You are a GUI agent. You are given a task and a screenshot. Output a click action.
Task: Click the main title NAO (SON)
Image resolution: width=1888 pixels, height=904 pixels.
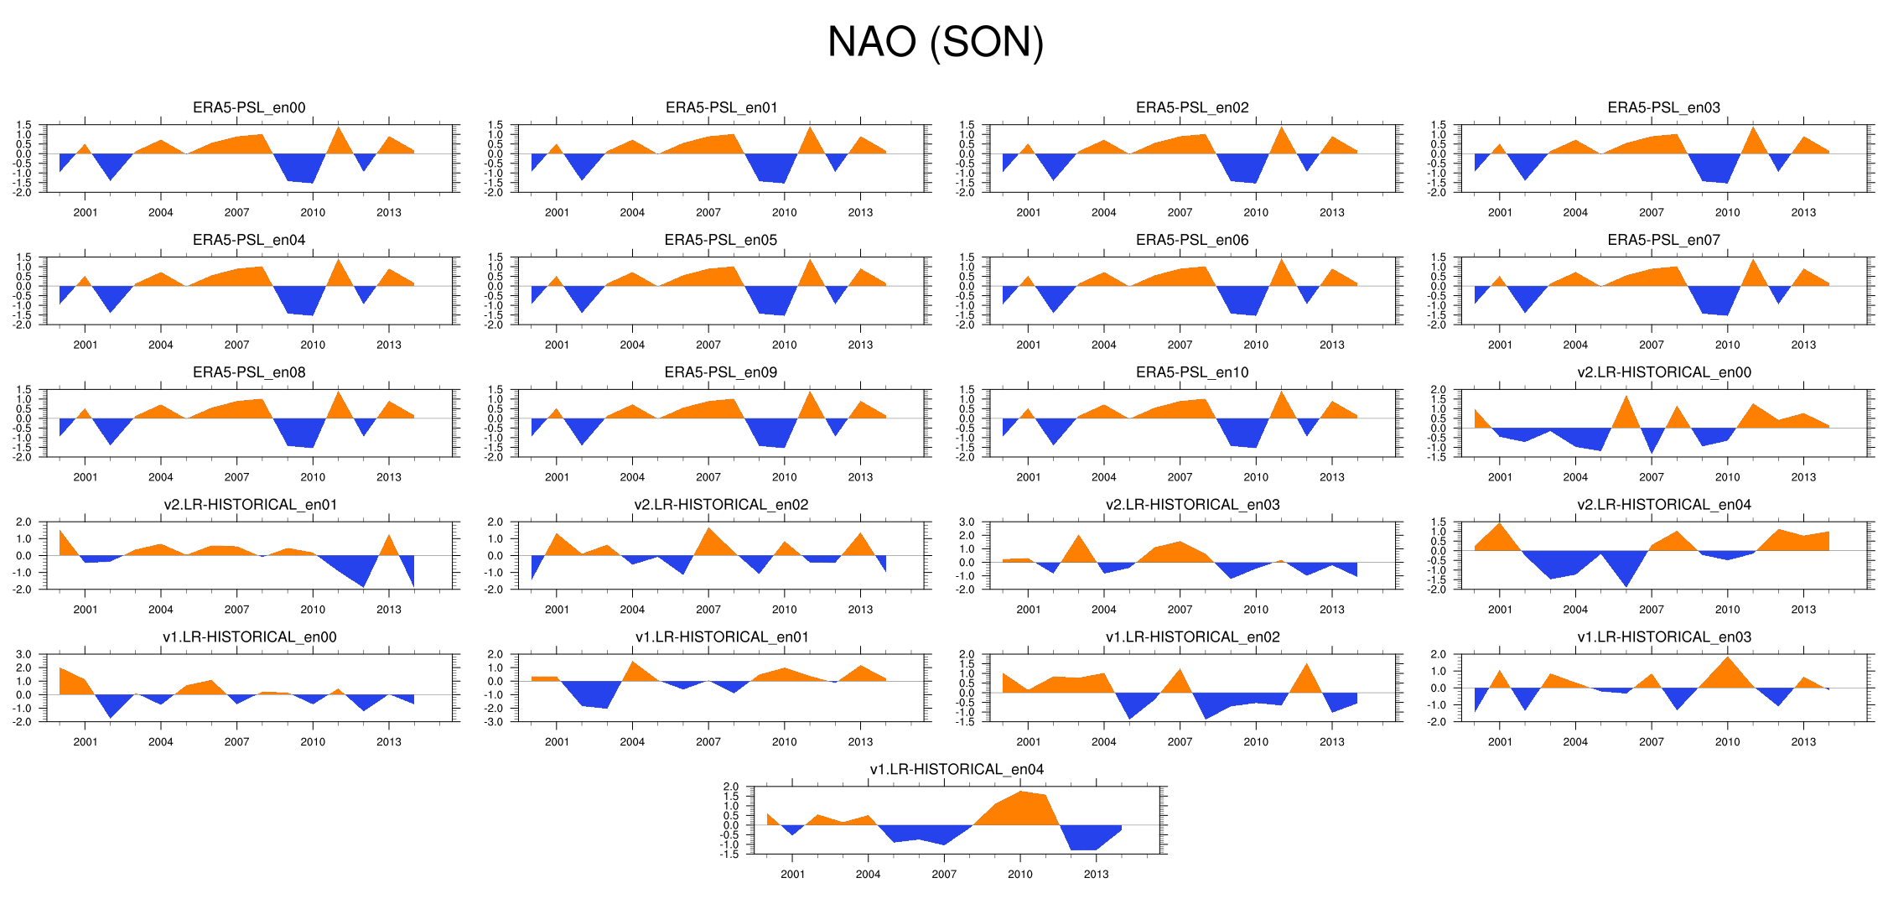(935, 42)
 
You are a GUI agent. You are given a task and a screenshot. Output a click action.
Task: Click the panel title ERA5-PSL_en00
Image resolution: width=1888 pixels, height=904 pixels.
(249, 107)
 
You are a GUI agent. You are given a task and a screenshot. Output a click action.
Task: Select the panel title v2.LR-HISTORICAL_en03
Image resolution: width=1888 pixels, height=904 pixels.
(1192, 505)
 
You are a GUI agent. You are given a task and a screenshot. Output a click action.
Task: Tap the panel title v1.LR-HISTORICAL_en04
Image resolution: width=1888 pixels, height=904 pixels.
(957, 770)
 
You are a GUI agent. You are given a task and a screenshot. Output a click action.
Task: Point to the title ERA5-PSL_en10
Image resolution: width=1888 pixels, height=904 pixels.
(1192, 372)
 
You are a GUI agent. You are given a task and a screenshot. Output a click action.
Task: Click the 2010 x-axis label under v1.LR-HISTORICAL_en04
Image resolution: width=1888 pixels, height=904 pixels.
(1019, 874)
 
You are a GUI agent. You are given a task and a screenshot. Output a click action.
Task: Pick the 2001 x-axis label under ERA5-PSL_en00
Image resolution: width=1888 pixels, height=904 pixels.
(85, 212)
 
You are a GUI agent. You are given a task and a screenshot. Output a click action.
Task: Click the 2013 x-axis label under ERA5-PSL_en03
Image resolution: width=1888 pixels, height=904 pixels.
(1803, 212)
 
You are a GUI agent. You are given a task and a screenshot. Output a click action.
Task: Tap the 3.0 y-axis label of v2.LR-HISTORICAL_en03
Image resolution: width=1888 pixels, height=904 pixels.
(967, 522)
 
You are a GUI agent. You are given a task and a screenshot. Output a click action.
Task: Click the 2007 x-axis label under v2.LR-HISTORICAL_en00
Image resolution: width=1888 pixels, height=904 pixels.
(1651, 477)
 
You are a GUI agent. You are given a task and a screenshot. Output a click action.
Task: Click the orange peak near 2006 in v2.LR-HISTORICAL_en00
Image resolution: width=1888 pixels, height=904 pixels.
(1626, 413)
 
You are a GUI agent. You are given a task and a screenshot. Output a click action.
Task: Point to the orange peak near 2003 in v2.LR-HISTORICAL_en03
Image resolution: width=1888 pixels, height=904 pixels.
(1079, 550)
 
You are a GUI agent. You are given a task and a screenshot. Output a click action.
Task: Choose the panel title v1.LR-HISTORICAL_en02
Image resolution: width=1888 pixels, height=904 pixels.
(1192, 637)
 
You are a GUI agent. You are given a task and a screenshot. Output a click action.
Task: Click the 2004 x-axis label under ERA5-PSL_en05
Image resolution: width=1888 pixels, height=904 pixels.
(632, 345)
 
